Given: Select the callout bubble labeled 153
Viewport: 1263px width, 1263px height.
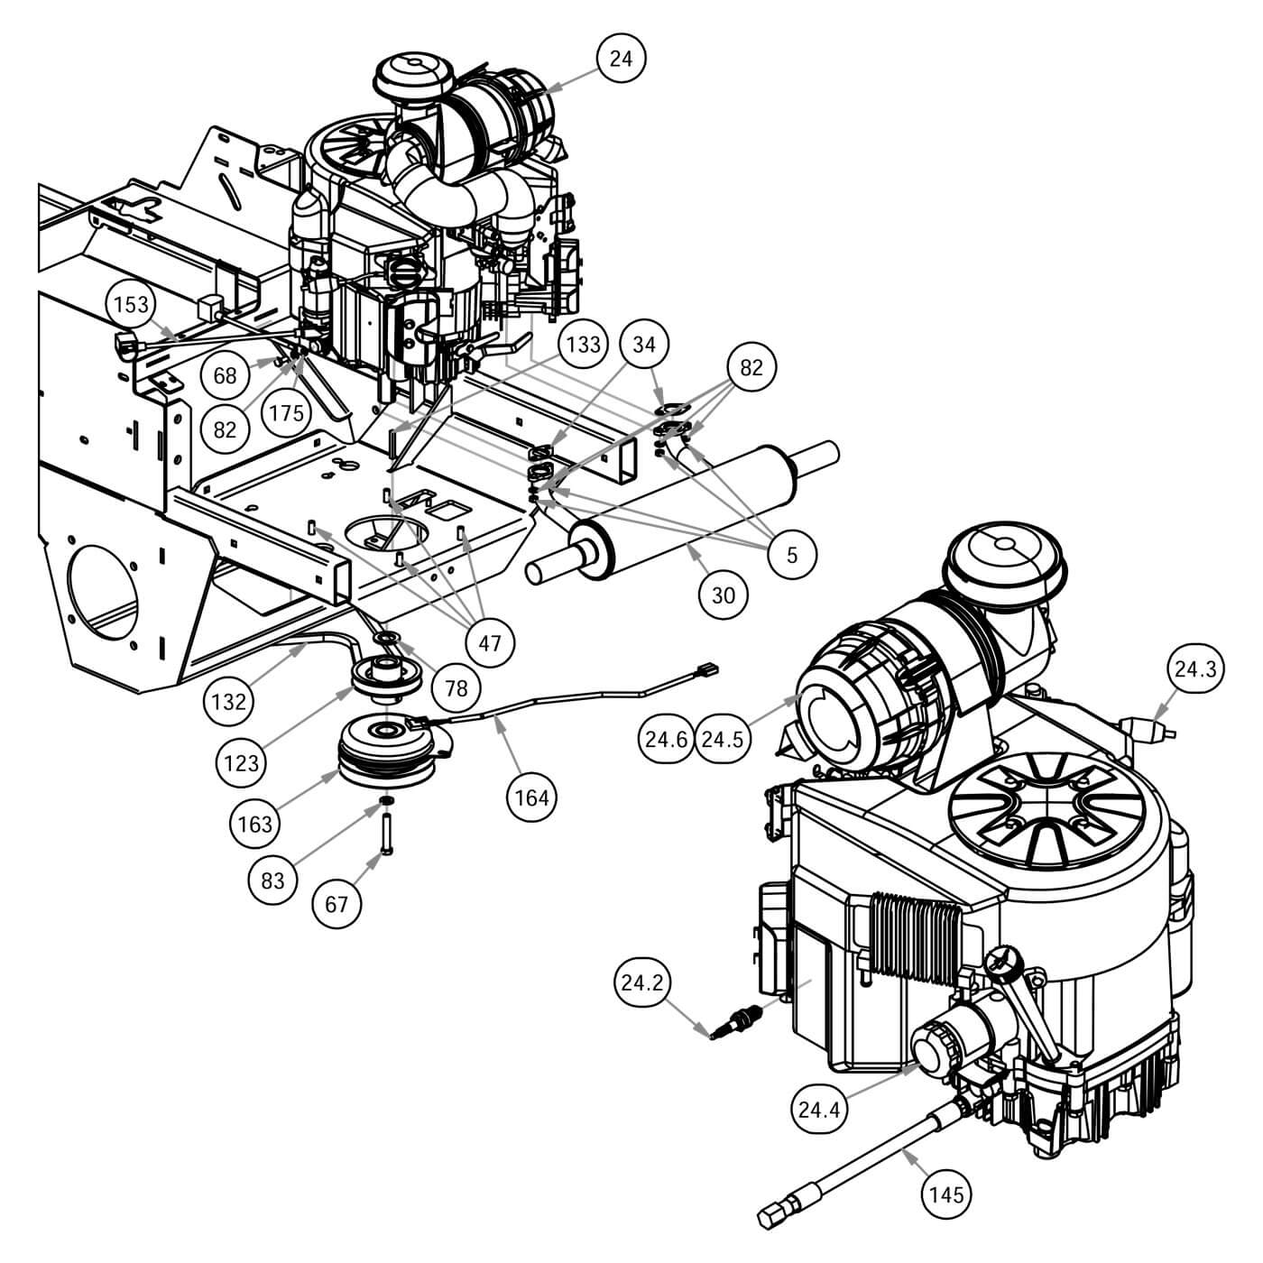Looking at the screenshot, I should point(131,305).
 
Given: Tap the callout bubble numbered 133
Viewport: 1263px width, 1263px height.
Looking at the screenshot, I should point(584,345).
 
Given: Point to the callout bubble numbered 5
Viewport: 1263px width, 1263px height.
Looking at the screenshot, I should point(791,554).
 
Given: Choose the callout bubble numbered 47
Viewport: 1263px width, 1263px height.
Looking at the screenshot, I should point(490,643).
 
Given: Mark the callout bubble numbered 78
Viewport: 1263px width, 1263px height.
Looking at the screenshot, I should point(456,687).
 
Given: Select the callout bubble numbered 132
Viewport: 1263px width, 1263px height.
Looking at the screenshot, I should point(229,700).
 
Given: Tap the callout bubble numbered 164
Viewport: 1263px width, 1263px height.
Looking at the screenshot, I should point(532,797).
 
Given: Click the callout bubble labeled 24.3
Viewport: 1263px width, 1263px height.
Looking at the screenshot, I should point(1195,668).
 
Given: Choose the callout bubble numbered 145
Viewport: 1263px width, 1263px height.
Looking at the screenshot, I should point(945,1194).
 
